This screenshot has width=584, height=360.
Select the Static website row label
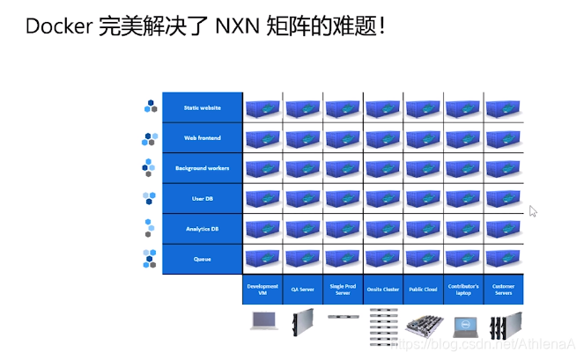(x=202, y=107)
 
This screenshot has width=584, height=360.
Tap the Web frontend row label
(x=202, y=138)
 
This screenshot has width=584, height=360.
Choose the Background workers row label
(x=202, y=168)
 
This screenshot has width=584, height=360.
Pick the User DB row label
(x=202, y=199)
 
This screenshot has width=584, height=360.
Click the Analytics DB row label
(x=202, y=229)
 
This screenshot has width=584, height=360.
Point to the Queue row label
(x=202, y=259)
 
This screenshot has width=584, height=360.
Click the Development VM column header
(x=262, y=290)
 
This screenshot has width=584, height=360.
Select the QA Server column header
(x=302, y=290)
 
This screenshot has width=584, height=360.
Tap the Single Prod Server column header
(x=343, y=290)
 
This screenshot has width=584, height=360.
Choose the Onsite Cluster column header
(x=383, y=290)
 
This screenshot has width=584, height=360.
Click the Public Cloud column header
(x=423, y=290)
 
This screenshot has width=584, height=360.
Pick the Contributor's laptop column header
(x=463, y=290)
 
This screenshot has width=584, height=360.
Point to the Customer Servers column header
(x=504, y=290)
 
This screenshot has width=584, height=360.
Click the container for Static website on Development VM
(x=262, y=107)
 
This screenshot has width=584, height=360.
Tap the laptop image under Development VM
(x=262, y=321)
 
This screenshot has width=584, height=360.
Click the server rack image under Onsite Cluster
(x=383, y=326)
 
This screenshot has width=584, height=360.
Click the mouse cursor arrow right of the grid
(x=533, y=211)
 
